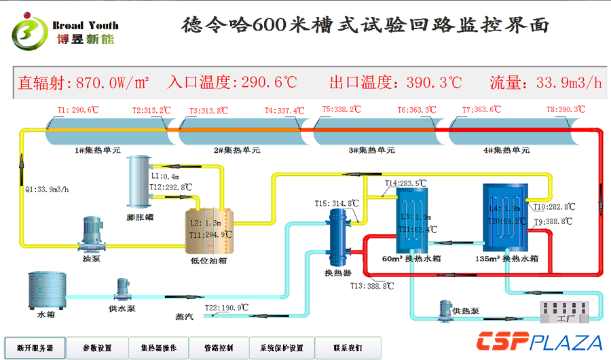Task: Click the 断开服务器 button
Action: coord(35,348)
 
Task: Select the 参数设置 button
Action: coord(97,348)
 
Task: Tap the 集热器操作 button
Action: coord(158,348)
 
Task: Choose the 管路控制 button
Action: coord(218,348)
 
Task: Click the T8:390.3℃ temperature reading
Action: coord(566,109)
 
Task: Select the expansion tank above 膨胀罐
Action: coord(141,181)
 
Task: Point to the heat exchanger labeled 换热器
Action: coord(337,238)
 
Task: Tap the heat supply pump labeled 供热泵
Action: coord(446,312)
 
